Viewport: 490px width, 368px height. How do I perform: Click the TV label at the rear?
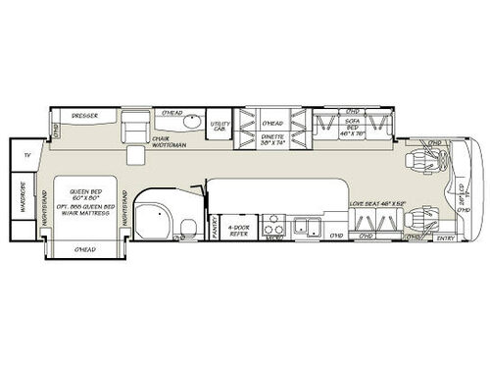(x=28, y=155)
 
